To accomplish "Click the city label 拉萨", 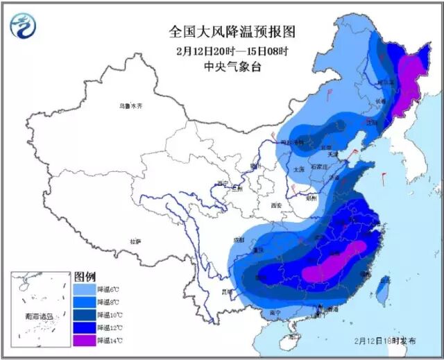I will click(135, 241).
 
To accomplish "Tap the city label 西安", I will click(277, 205).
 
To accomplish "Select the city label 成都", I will click(239, 239).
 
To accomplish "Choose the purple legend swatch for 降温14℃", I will click(84, 340).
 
